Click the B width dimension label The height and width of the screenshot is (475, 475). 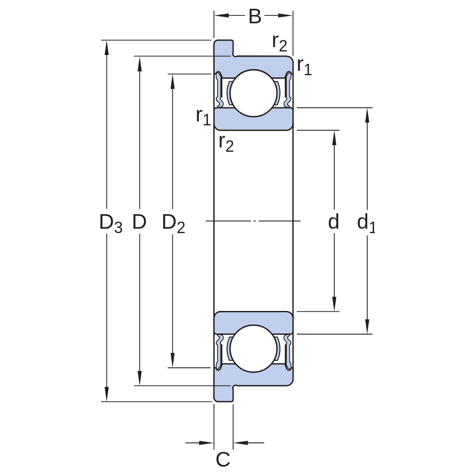pyautogui.click(x=255, y=17)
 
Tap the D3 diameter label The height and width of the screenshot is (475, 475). pyautogui.click(x=111, y=223)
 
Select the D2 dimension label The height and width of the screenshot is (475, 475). pyautogui.click(x=173, y=223)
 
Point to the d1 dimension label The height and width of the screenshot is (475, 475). pyautogui.click(x=366, y=223)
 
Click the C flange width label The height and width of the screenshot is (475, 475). pyautogui.click(x=223, y=459)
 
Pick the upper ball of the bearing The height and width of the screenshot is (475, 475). pyautogui.click(x=254, y=93)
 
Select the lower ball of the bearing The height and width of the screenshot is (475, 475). pyautogui.click(x=254, y=348)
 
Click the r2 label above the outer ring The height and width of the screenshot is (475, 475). pyautogui.click(x=279, y=43)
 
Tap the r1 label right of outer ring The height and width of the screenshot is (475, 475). pyautogui.click(x=304, y=66)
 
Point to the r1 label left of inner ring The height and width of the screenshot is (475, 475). pyautogui.click(x=203, y=117)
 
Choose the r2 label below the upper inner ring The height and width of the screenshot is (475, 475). pyautogui.click(x=227, y=143)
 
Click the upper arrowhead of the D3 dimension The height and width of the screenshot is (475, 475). pyautogui.click(x=106, y=47)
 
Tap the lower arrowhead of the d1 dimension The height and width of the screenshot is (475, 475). pyautogui.click(x=367, y=326)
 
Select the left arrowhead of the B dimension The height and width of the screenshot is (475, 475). pyautogui.click(x=221, y=15)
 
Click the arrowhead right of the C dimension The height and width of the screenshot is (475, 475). pyautogui.click(x=241, y=443)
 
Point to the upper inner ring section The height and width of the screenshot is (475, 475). pyautogui.click(x=254, y=119)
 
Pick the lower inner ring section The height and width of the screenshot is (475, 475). pyautogui.click(x=254, y=323)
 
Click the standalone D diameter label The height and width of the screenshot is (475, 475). pyautogui.click(x=139, y=221)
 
